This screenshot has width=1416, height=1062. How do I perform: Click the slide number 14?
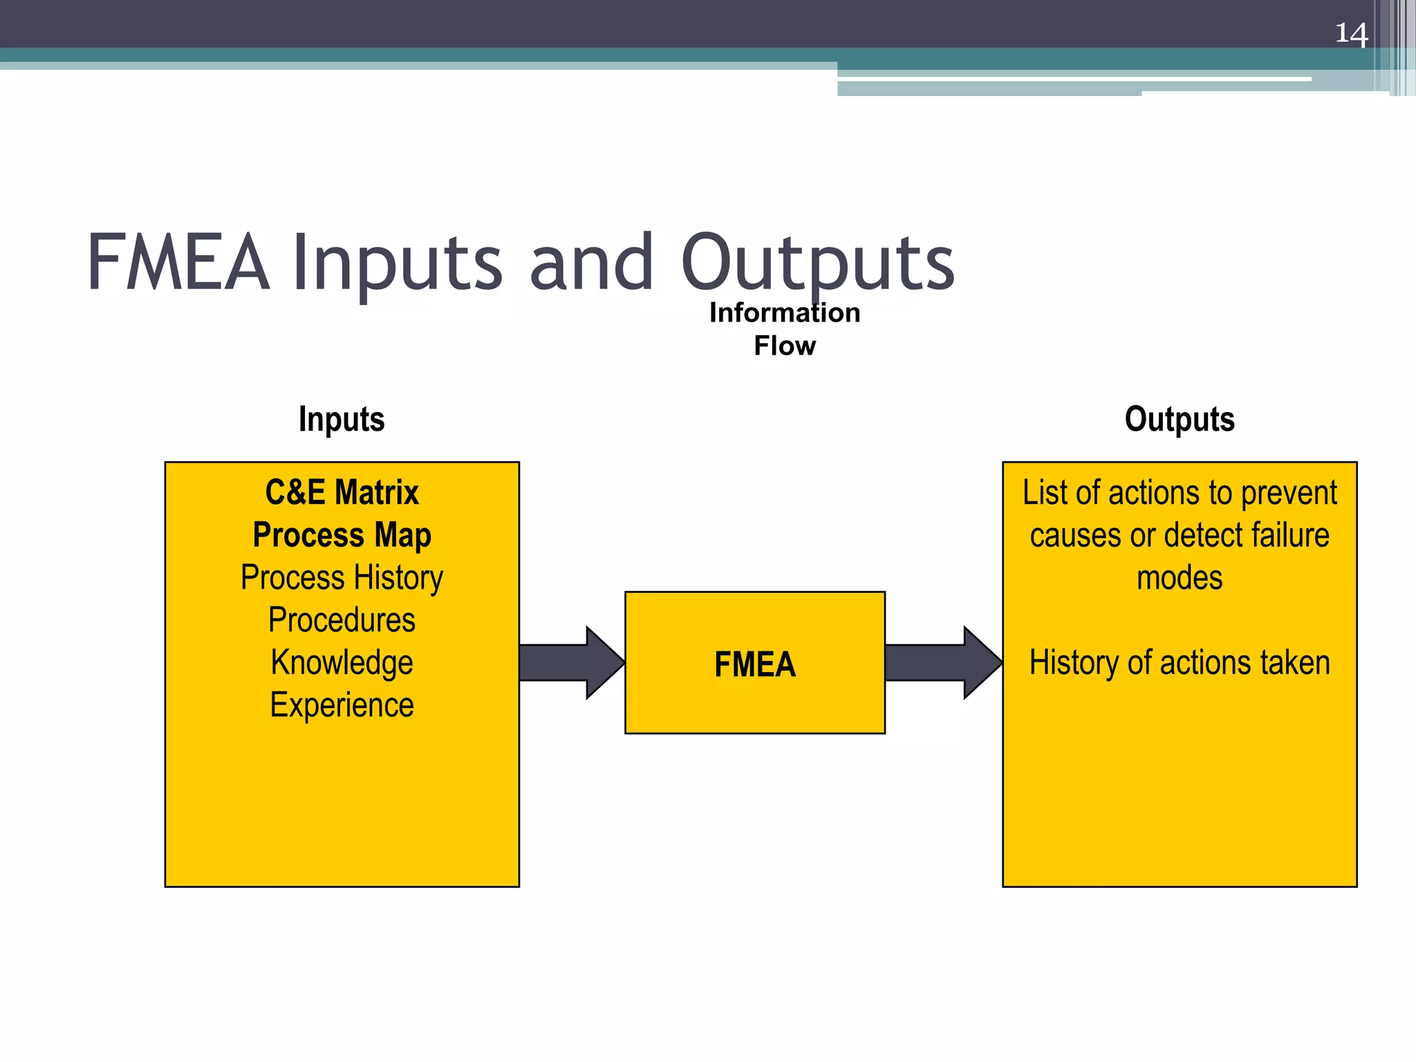point(1351,33)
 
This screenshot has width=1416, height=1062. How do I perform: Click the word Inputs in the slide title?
point(397,263)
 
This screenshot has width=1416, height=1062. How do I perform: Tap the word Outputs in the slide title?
point(817,263)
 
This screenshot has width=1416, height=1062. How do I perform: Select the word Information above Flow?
point(785,313)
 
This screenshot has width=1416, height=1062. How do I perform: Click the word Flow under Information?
point(785,346)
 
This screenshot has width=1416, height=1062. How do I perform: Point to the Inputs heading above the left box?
point(342,419)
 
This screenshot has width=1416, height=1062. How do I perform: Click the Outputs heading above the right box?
point(1180,419)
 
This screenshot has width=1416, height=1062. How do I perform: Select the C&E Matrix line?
point(342,492)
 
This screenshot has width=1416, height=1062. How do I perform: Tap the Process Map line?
point(342,535)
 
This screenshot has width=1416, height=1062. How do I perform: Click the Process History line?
point(342,577)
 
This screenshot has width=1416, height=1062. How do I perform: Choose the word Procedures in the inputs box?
point(342,620)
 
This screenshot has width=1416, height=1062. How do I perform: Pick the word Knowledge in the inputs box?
point(342,662)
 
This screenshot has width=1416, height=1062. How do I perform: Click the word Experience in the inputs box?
point(342,705)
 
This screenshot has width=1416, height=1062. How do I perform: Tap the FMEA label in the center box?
point(755,664)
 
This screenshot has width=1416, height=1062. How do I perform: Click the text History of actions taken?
point(1180,662)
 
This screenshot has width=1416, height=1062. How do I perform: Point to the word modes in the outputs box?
point(1180,578)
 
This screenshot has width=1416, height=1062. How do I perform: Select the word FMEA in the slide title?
point(178,263)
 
